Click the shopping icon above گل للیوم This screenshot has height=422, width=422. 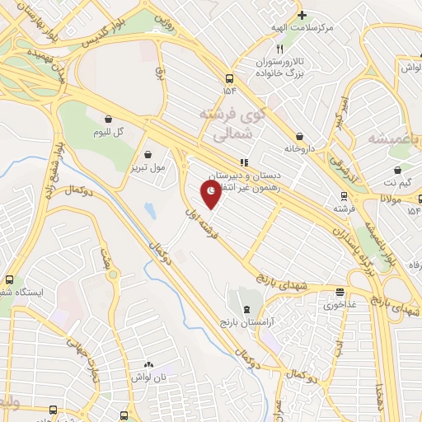click(108, 118)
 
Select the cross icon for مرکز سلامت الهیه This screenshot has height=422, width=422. click(302, 15)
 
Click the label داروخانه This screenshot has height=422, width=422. click(300, 149)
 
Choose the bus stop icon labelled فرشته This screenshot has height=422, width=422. click(343, 196)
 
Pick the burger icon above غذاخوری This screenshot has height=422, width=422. click(340, 292)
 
